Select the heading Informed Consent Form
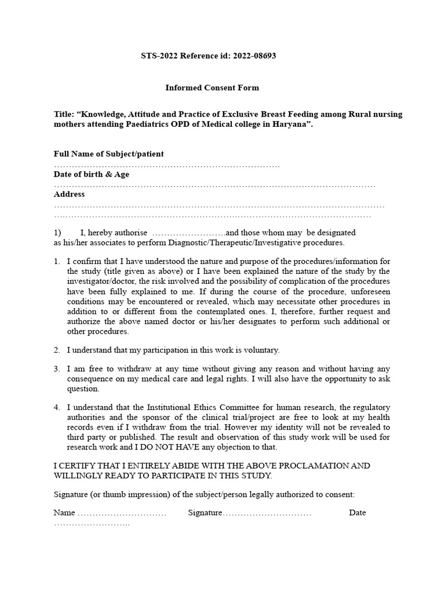212,87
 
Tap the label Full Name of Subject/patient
108,153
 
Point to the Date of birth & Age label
92,174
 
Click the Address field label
69,194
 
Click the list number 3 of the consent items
57,368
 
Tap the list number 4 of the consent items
57,408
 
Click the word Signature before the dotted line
205,513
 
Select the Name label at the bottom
64,513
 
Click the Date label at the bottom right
358,513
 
